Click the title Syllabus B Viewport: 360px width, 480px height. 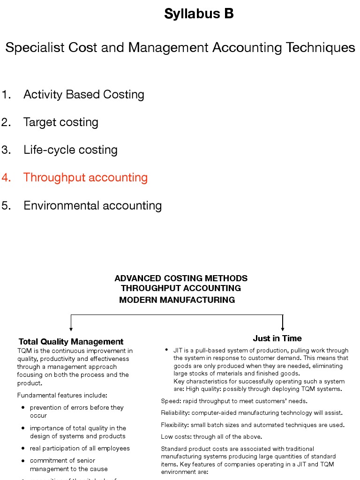(199, 14)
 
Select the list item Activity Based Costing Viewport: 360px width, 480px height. (83, 95)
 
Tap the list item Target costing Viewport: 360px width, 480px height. (60, 122)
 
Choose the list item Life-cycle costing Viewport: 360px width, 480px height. (70, 150)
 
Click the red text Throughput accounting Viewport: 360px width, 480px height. (85, 178)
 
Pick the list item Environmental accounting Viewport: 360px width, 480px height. (92, 206)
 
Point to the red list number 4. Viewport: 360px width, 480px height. (6, 178)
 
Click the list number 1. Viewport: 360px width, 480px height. (6, 95)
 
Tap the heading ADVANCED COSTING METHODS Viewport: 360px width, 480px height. (181, 278)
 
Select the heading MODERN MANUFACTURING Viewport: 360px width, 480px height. (177, 300)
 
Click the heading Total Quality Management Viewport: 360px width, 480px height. (71, 342)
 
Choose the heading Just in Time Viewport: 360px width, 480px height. (277, 338)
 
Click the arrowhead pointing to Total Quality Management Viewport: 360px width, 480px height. (71, 329)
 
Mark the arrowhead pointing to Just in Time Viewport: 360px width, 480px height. (283, 329)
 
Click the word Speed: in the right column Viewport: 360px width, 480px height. (170, 401)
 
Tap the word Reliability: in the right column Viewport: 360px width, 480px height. (175, 413)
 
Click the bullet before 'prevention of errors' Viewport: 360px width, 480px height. (23, 408)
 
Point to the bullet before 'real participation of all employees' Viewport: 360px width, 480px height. (23, 449)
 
